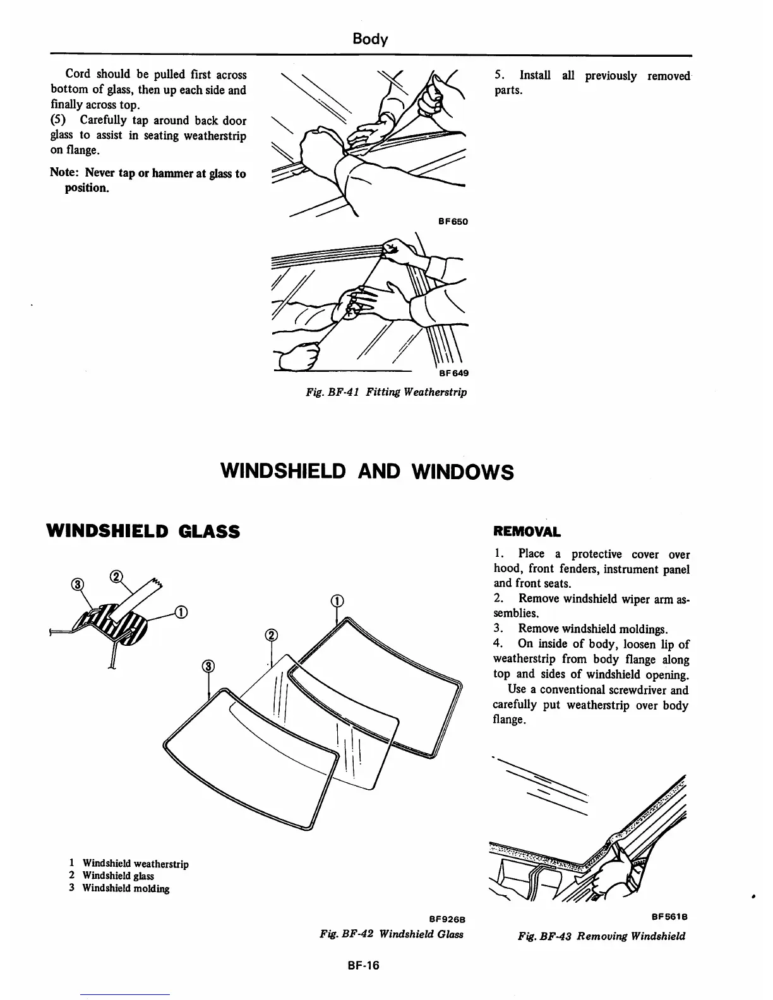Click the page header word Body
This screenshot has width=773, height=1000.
click(x=369, y=39)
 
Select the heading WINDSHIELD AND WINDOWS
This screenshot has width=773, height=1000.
click(x=366, y=471)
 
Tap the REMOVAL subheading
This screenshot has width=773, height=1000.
click(x=527, y=532)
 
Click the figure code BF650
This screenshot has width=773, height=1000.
click(x=453, y=222)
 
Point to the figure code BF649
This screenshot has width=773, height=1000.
click(x=453, y=373)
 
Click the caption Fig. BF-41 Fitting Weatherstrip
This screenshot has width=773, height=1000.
click(x=386, y=392)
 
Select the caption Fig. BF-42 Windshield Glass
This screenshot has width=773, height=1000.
click(x=392, y=934)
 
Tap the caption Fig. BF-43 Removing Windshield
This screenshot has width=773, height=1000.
click(x=601, y=936)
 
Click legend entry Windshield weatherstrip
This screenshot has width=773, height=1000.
click(x=135, y=864)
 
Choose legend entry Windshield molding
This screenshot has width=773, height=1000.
click(x=126, y=888)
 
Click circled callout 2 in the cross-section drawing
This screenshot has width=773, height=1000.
click(x=116, y=576)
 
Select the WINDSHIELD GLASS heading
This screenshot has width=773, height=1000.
click(x=143, y=532)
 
